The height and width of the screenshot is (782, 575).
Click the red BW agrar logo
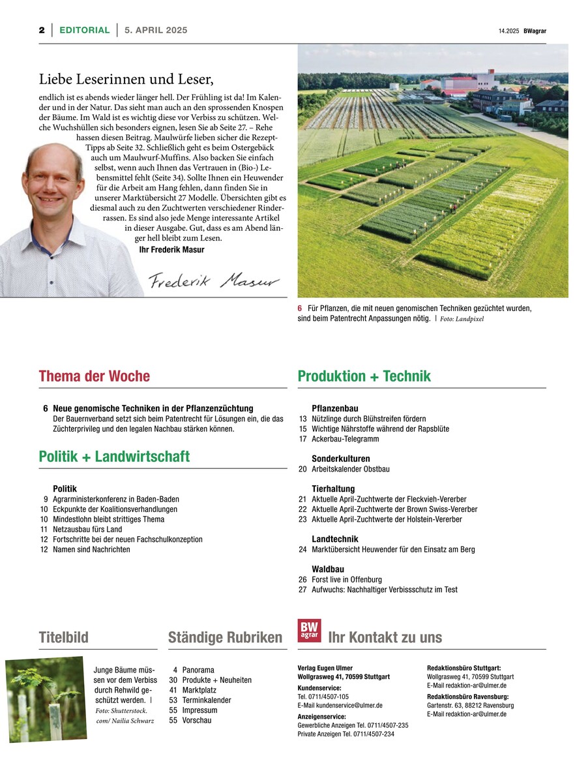click(x=309, y=631)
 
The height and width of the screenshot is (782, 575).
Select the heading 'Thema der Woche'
click(x=94, y=376)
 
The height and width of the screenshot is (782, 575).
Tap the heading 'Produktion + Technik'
click(x=364, y=376)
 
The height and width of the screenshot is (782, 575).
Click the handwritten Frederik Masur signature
click(x=213, y=280)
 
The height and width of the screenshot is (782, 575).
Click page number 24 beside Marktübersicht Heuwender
click(x=302, y=550)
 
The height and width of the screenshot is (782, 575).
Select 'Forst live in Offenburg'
click(x=347, y=579)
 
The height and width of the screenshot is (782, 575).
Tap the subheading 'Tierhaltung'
click(x=333, y=489)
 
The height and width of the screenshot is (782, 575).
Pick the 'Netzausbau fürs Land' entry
click(x=87, y=530)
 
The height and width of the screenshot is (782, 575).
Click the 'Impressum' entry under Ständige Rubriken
click(x=199, y=710)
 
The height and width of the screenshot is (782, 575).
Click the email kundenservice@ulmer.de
click(x=340, y=705)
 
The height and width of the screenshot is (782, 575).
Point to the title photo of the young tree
click(x=46, y=699)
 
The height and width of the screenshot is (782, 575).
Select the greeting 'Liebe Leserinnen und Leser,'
click(x=126, y=80)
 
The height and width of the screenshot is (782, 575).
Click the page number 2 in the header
click(x=41, y=30)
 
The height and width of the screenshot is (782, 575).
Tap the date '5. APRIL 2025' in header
click(x=156, y=30)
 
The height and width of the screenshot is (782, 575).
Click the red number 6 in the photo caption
click(x=300, y=308)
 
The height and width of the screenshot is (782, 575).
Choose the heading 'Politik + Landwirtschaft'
click(x=114, y=457)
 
